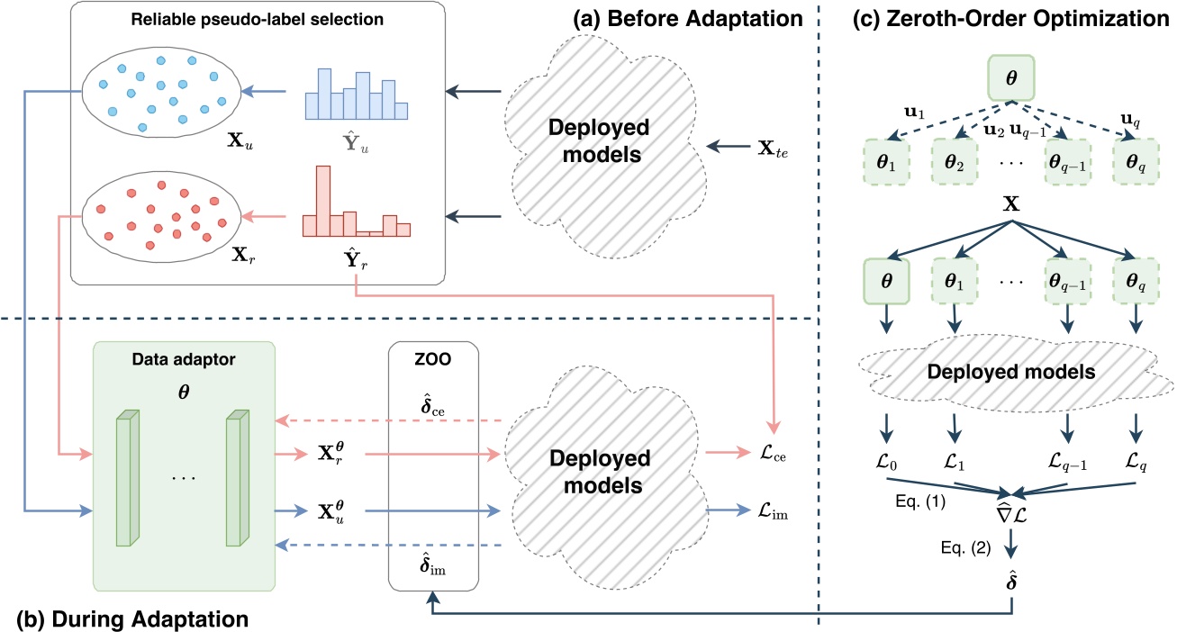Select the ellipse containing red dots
point(160,217)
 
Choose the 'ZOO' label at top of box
point(431,356)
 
